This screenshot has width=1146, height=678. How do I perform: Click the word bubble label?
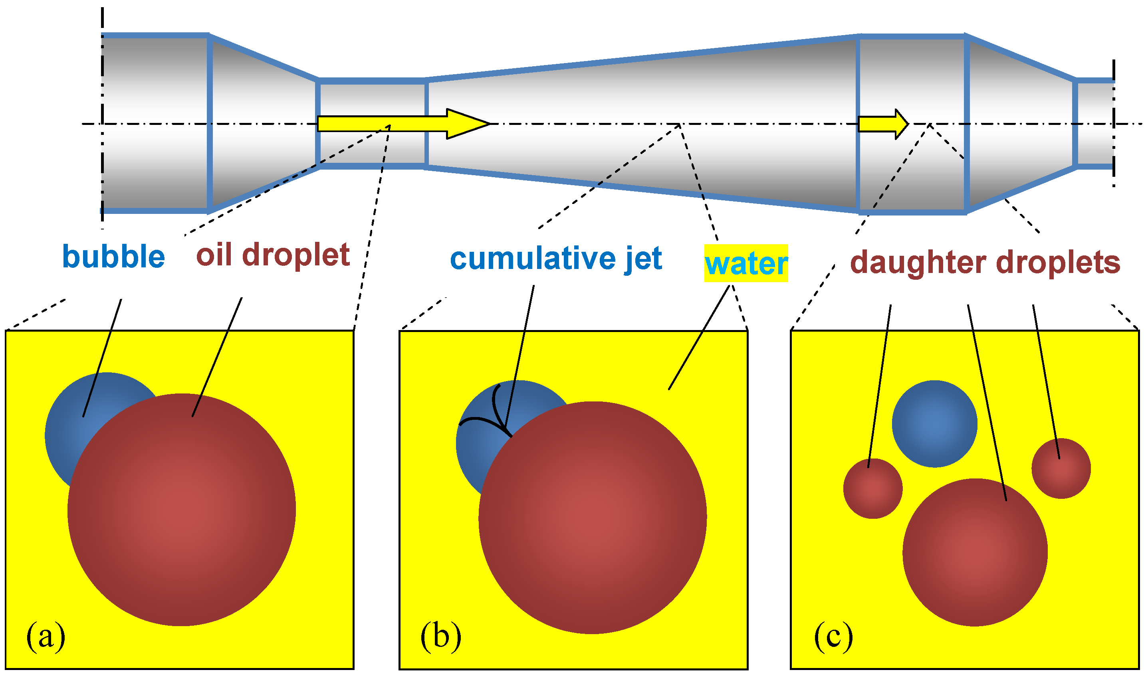tap(113, 257)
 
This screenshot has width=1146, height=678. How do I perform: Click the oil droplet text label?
tap(273, 255)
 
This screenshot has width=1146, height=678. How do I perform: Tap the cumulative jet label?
tap(556, 259)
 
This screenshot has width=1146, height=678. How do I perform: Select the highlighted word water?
tap(745, 264)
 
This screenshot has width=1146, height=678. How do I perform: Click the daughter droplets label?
tap(985, 263)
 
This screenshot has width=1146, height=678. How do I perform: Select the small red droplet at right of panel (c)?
tap(1061, 468)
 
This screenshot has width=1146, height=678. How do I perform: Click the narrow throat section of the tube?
tap(373, 98)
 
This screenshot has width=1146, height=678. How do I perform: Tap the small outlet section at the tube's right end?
tap(1095, 124)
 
